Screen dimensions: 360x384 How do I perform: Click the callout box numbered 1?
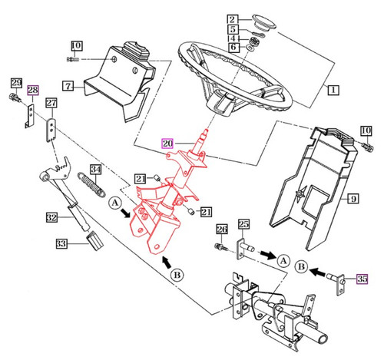(x=333, y=90)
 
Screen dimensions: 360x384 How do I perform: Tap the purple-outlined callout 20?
(x=167, y=143)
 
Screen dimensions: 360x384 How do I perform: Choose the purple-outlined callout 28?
(x=32, y=91)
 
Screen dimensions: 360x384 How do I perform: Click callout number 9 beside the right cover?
(x=353, y=200)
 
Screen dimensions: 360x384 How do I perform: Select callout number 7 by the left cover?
(x=68, y=86)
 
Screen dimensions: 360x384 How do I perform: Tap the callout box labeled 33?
(x=61, y=243)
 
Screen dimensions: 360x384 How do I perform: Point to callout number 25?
(x=243, y=225)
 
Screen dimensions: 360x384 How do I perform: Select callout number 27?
(x=51, y=103)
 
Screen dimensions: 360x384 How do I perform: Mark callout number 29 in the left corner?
(x=15, y=83)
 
